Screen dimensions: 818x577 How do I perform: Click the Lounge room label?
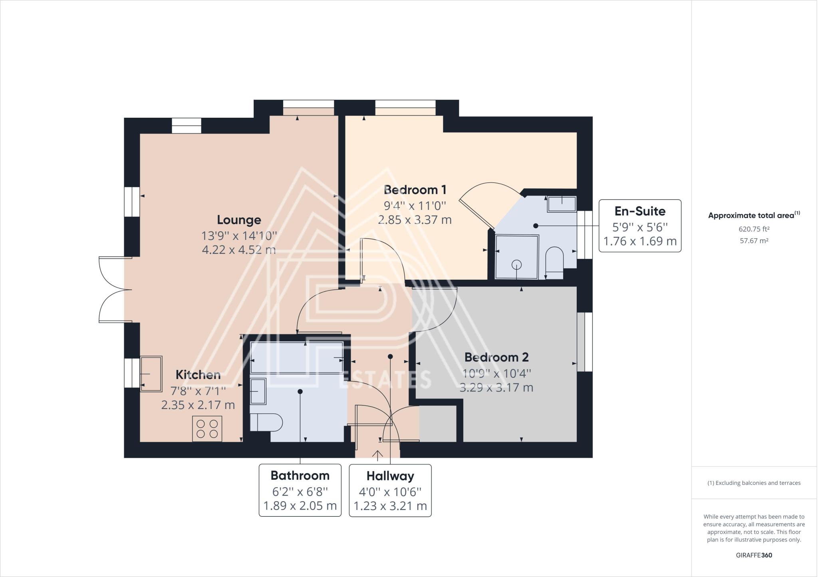(239, 220)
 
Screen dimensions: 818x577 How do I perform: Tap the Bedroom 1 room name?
(415, 190)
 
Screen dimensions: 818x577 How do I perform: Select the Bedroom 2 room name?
(496, 357)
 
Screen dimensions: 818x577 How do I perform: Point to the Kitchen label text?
(198, 375)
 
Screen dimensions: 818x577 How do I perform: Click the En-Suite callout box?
(640, 226)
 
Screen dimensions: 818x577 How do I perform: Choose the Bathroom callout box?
(300, 490)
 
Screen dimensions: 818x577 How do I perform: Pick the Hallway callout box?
(390, 490)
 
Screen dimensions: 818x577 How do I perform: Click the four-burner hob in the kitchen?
(207, 429)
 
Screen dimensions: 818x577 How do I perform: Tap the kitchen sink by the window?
(151, 374)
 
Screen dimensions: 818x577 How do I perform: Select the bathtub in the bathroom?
(296, 357)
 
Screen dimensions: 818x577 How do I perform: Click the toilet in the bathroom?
(266, 422)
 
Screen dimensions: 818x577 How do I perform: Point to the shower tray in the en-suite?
(517, 257)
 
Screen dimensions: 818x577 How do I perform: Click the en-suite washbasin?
(562, 204)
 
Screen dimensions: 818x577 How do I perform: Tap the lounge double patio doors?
(115, 289)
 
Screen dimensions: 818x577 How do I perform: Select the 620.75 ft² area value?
(754, 229)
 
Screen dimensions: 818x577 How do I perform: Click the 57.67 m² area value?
(754, 241)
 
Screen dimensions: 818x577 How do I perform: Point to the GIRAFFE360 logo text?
(754, 555)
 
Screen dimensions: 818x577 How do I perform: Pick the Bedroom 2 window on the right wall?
(585, 342)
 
